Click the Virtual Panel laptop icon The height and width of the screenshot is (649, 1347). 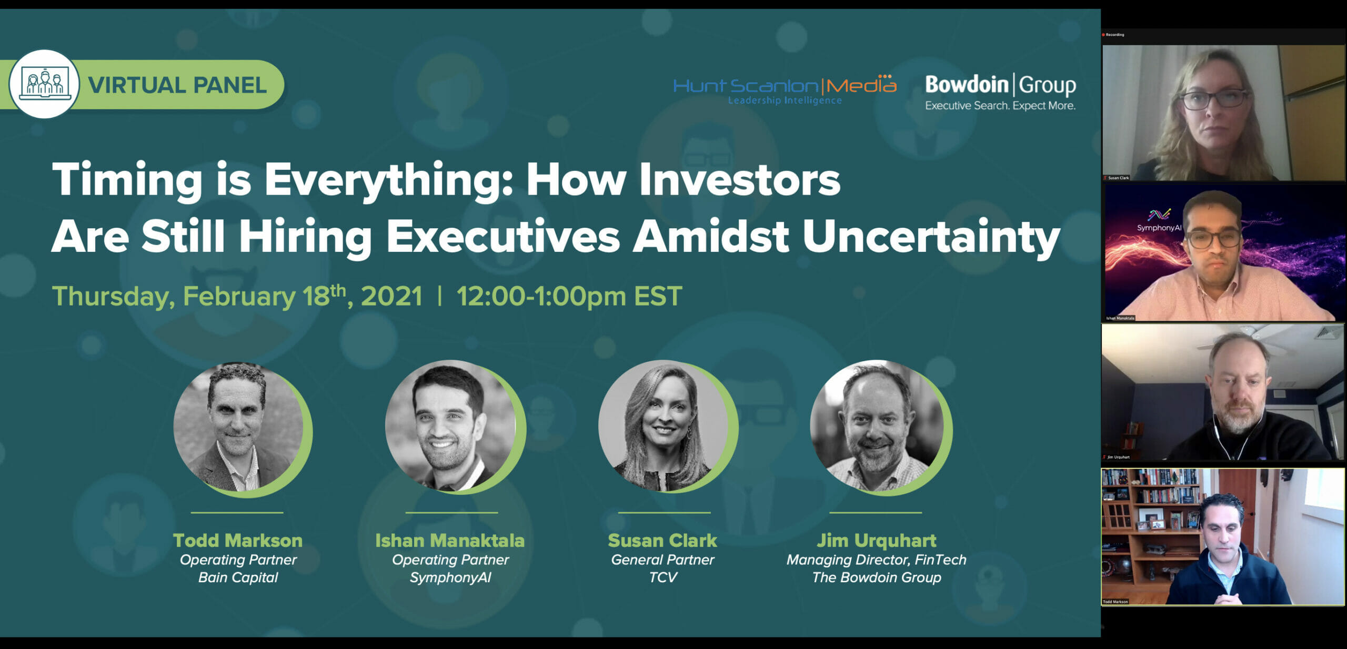point(45,84)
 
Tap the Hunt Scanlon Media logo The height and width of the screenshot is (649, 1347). point(785,89)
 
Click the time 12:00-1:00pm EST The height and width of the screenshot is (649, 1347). point(569,296)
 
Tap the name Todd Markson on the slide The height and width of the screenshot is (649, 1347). point(238,540)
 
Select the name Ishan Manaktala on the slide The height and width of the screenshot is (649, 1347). point(450,540)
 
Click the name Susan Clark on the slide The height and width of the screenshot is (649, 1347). point(662,540)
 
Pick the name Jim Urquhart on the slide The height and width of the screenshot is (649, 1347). point(877,541)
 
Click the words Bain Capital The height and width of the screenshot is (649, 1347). point(238,577)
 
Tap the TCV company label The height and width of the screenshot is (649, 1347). point(662,577)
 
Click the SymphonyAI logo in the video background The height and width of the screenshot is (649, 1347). point(1159,220)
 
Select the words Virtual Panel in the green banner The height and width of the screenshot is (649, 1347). point(177,85)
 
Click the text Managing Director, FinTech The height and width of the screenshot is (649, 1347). point(877,560)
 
